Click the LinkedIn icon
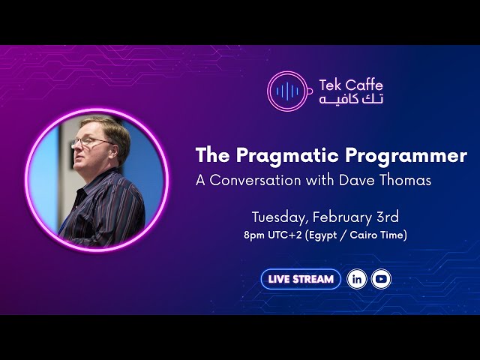(357, 279)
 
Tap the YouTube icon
(381, 279)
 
